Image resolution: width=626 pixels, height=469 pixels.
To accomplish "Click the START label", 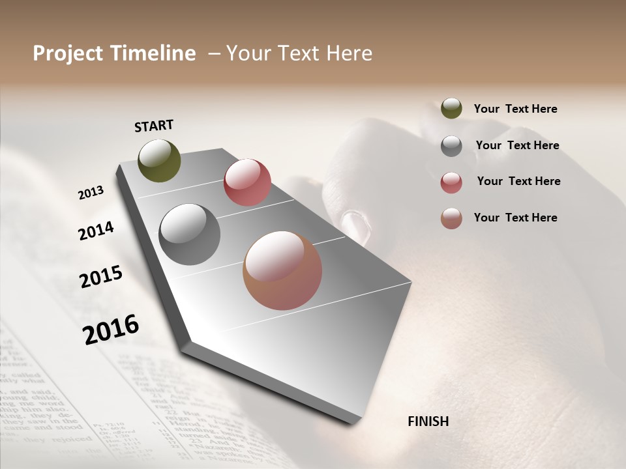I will pyautogui.click(x=154, y=126).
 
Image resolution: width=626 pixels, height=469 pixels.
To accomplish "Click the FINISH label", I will pyautogui.click(x=428, y=421).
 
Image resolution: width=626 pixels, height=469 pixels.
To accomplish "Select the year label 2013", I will pyautogui.click(x=91, y=193).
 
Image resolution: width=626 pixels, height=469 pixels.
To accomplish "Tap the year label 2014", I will pyautogui.click(x=96, y=231).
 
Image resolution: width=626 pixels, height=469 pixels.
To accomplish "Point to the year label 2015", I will pyautogui.click(x=101, y=277).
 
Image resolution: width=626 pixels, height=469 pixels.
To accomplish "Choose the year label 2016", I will pyautogui.click(x=111, y=330).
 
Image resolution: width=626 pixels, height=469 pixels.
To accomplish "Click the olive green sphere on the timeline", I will pyautogui.click(x=159, y=160).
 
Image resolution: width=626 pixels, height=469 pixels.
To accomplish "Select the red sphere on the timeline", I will pyautogui.click(x=247, y=182).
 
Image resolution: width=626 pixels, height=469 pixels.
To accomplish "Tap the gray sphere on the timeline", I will pyautogui.click(x=190, y=234).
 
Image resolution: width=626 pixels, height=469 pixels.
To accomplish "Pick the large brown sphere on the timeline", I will pyautogui.click(x=282, y=270).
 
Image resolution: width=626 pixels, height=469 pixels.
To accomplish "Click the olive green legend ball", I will pyautogui.click(x=451, y=108).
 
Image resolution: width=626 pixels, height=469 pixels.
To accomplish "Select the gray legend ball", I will pyautogui.click(x=451, y=146).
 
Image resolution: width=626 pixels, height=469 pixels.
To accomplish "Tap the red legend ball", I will pyautogui.click(x=451, y=182).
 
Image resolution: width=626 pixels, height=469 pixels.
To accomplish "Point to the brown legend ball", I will pyautogui.click(x=451, y=218).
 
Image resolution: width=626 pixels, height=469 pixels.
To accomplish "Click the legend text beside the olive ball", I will pyautogui.click(x=515, y=109).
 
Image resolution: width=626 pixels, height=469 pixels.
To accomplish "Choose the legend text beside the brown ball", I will pyautogui.click(x=515, y=218).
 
